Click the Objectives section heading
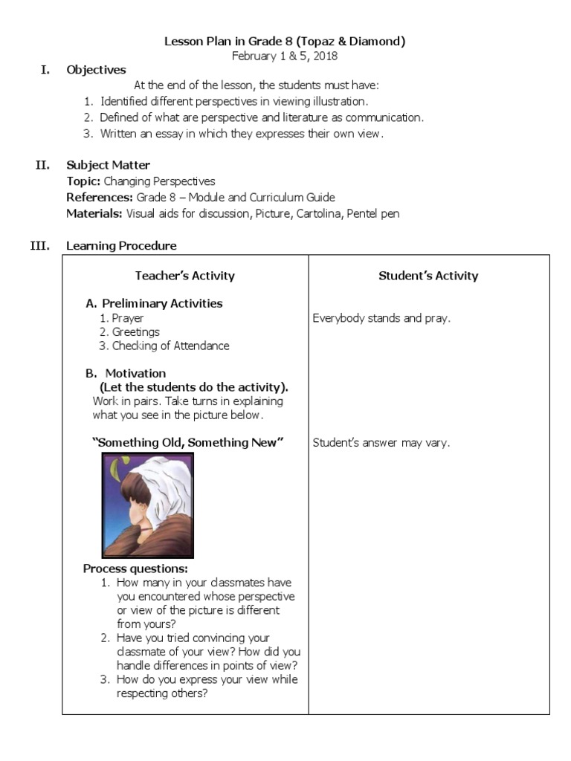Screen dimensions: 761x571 pos(96,70)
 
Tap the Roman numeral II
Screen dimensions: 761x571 pos(42,165)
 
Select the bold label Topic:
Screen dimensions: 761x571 pos(83,181)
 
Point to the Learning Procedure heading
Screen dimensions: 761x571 pos(121,245)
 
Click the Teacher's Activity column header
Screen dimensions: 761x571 pos(184,276)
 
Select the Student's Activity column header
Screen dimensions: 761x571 pos(428,276)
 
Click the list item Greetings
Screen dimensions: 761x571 pos(135,332)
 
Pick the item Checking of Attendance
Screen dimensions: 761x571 pos(170,346)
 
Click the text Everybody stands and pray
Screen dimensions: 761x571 pos(381,318)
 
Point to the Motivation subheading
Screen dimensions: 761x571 pos(135,373)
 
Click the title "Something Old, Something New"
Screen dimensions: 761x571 pos(188,442)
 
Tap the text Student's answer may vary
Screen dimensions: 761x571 pos(381,443)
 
